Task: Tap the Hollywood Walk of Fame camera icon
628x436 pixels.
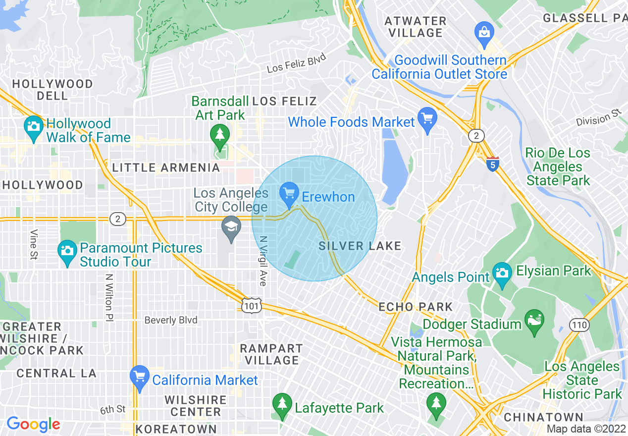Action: coord(33,127)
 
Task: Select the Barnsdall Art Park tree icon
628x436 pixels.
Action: coord(218,135)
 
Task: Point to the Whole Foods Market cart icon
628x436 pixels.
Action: coord(427,119)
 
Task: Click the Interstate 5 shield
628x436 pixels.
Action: coord(492,164)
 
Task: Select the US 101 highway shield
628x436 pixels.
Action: coord(252,306)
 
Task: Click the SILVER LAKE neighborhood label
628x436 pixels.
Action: coord(360,246)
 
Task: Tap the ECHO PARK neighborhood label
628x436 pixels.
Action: coord(416,307)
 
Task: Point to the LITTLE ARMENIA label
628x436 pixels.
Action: coord(166,167)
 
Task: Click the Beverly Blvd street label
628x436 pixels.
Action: coord(171,320)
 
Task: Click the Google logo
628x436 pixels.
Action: coord(33,424)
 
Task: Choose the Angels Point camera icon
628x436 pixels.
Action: coord(502,273)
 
